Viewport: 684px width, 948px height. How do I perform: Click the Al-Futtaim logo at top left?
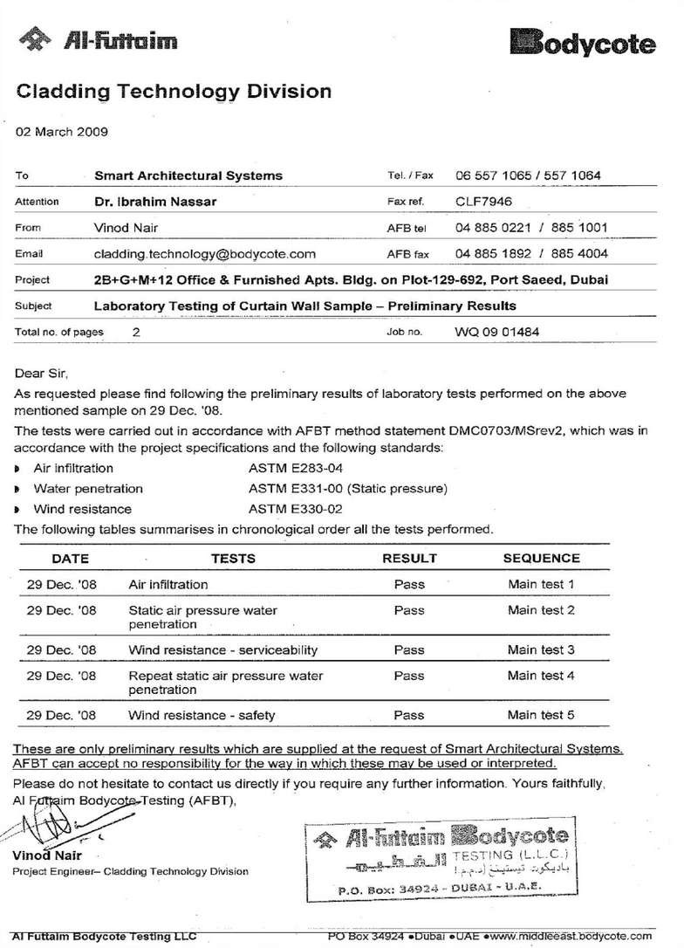click(103, 40)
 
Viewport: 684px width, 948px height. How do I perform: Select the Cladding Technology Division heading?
click(174, 91)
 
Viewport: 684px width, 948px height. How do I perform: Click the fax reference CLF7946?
click(485, 201)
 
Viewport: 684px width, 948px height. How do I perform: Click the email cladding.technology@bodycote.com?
click(204, 254)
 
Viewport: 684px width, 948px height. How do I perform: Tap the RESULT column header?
click(409, 558)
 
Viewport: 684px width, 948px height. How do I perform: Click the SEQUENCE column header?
click(541, 558)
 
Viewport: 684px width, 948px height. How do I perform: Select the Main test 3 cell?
click(541, 649)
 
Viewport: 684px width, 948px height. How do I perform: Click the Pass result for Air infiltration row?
click(409, 584)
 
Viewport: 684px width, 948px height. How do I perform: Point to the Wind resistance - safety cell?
click(202, 715)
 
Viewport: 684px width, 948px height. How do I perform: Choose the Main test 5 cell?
click(541, 715)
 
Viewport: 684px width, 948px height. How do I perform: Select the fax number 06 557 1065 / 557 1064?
click(528, 175)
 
